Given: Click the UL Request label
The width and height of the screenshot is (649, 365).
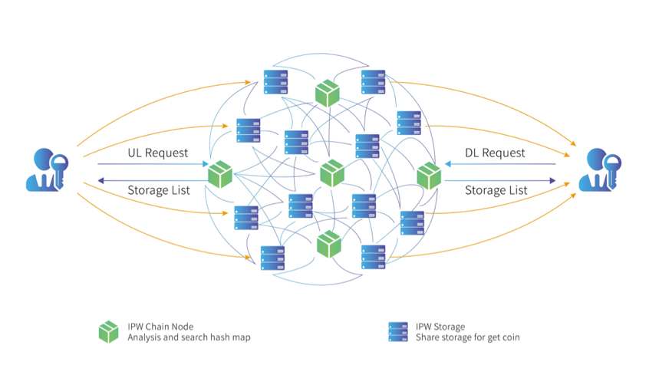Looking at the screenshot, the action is point(158,153).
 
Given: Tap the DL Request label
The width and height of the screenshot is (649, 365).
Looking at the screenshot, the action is point(495,153).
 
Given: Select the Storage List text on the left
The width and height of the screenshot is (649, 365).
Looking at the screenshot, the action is point(159,190).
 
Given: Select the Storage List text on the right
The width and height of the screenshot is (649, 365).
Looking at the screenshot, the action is point(496,190).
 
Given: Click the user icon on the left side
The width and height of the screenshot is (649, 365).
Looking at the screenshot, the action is point(47,169).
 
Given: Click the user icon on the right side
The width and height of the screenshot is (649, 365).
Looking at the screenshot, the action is point(600,169).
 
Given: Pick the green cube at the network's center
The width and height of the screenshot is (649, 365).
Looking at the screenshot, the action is point(332,173).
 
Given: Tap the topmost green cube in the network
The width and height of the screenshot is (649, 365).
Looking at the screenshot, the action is point(328,93).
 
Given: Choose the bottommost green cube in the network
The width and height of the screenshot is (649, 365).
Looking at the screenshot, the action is point(329,244).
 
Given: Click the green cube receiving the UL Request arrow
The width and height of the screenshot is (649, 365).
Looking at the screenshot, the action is point(220,174).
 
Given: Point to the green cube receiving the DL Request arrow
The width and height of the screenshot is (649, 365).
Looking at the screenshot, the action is point(429,176).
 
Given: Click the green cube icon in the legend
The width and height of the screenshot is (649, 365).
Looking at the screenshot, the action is point(108,332).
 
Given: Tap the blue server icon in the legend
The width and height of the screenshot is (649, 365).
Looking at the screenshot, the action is point(398,332).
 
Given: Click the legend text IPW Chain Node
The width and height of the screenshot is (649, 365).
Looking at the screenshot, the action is point(160,327).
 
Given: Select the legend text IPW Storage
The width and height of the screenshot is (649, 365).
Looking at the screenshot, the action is point(440,327).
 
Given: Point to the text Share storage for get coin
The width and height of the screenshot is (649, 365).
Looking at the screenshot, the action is point(468,337).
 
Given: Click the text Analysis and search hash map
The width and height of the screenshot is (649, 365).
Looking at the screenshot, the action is point(189,337).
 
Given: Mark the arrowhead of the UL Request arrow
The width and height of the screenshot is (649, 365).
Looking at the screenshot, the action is point(206,164).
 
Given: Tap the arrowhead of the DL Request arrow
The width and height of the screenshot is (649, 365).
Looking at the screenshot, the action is point(448,164).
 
